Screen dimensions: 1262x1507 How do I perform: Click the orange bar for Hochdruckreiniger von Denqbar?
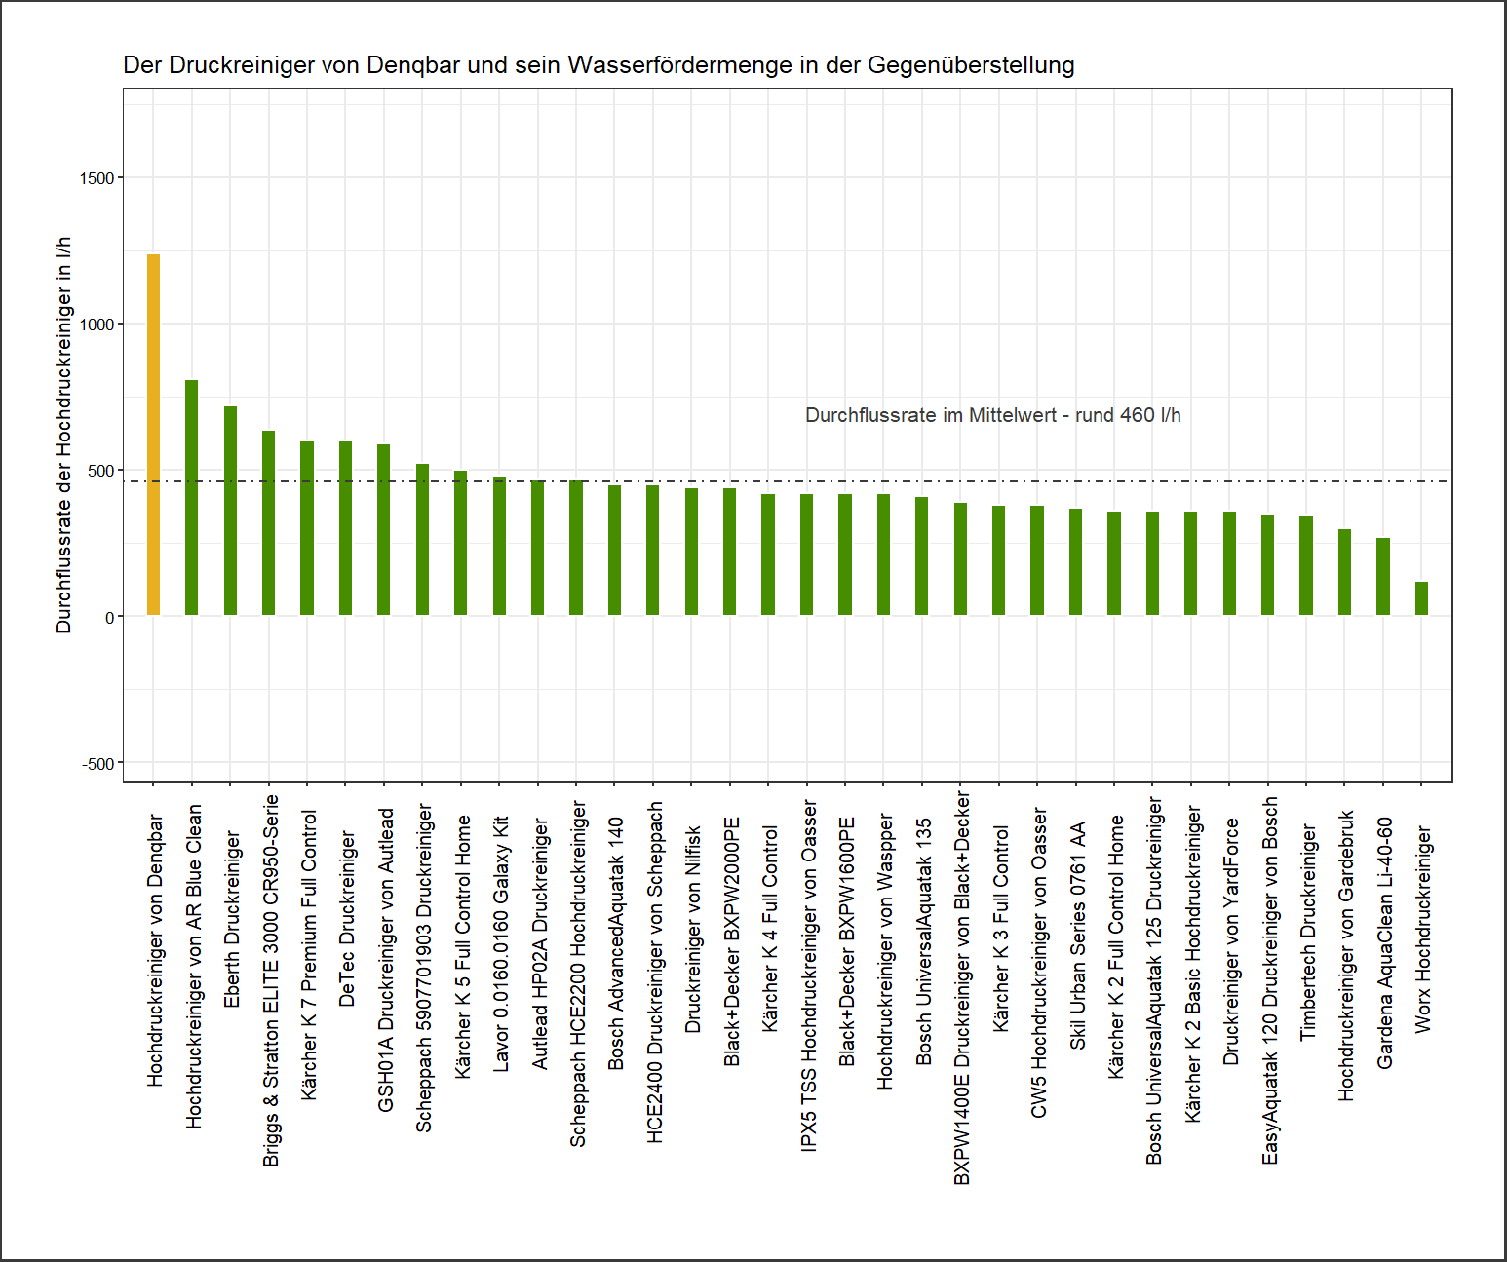point(153,435)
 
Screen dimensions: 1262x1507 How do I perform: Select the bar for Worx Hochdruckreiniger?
point(1421,598)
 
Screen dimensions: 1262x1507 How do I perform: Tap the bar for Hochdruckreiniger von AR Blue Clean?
point(192,497)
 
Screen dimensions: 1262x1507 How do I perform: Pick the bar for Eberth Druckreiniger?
point(230,511)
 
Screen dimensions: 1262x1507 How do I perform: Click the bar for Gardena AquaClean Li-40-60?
point(1382,576)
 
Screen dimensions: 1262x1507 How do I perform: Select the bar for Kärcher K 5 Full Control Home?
point(461,543)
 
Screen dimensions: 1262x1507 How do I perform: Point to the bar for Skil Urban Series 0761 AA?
point(1075,561)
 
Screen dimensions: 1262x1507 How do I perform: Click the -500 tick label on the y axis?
point(97,764)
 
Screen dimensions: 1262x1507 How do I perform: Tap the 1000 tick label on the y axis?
point(97,325)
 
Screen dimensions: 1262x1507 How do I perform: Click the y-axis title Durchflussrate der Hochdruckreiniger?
point(64,435)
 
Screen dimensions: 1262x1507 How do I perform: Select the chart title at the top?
point(599,65)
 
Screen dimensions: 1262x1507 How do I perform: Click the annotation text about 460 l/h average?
point(992,415)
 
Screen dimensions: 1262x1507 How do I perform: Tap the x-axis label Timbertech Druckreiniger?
point(1308,933)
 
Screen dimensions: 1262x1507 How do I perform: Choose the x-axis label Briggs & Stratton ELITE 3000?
point(271,979)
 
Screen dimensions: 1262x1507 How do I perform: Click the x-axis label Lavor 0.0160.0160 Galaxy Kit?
point(501,943)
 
